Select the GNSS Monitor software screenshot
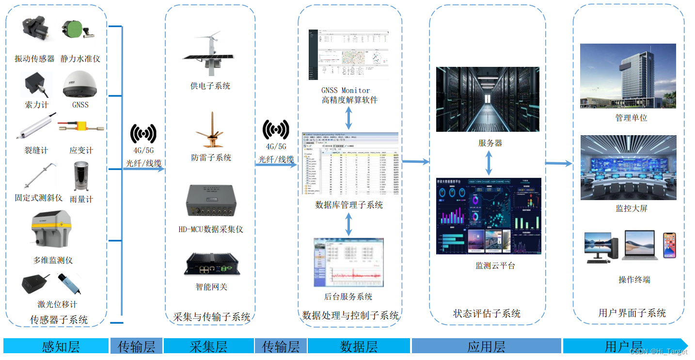(x=349, y=55)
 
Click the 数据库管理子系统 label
(x=349, y=205)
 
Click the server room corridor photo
(x=488, y=99)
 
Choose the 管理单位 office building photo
(x=628, y=76)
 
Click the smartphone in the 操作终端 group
(x=669, y=245)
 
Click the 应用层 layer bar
(x=487, y=346)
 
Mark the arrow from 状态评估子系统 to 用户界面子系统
(x=559, y=164)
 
